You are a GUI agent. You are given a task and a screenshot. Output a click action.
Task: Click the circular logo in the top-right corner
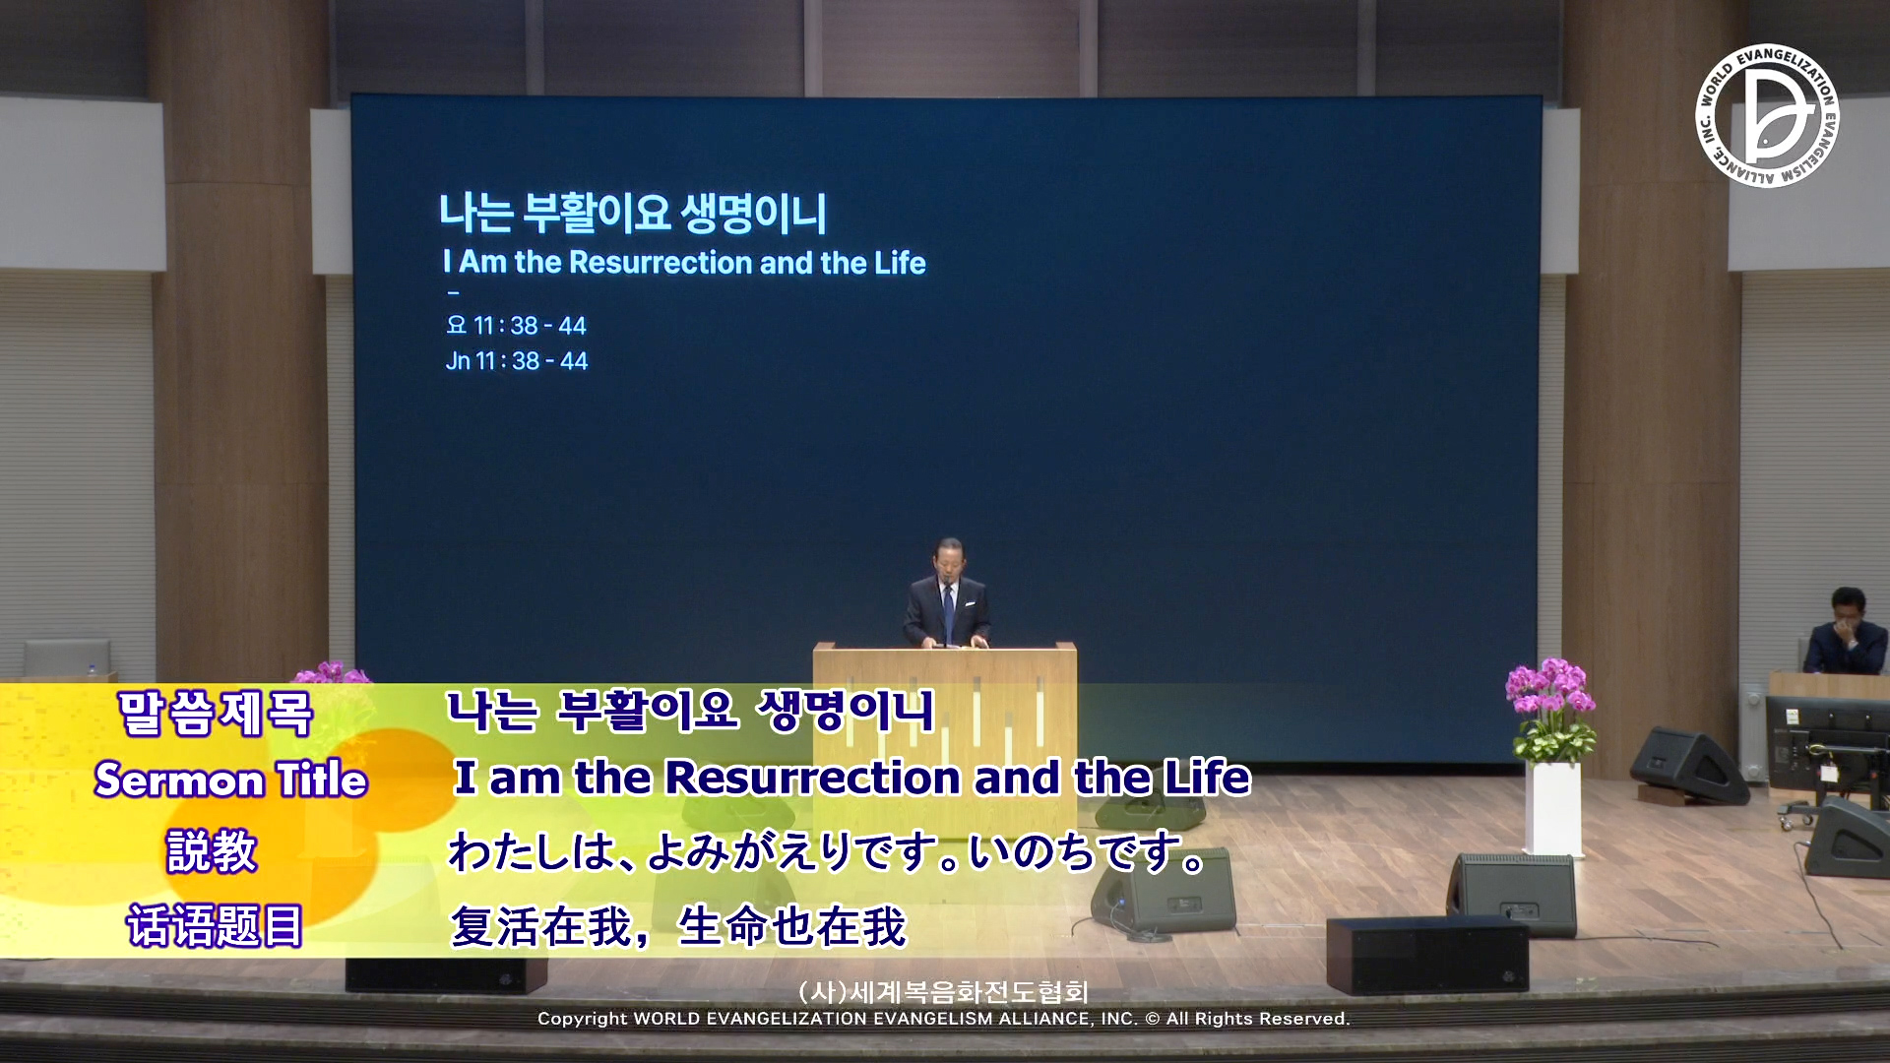1767,116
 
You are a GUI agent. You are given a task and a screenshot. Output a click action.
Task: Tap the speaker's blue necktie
948,610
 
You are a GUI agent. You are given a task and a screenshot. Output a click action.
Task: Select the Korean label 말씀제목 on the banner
216,714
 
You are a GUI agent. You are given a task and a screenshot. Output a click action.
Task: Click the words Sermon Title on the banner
231,780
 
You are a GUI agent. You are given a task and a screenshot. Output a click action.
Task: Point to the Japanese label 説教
212,851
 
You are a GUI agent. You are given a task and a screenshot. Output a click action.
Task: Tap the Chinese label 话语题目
215,925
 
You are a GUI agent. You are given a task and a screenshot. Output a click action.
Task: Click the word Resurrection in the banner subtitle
812,778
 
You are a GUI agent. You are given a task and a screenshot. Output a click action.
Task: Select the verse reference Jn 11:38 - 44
516,361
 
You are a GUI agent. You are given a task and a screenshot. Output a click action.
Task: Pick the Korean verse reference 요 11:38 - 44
516,325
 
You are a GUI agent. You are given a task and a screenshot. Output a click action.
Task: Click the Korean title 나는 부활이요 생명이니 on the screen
633,213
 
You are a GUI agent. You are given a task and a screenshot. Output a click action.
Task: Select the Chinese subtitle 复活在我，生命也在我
677,926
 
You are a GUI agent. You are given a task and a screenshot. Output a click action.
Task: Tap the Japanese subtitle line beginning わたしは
828,852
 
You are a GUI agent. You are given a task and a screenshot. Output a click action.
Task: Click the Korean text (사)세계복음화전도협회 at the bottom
943,992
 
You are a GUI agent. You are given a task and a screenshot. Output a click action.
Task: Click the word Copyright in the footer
582,1020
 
